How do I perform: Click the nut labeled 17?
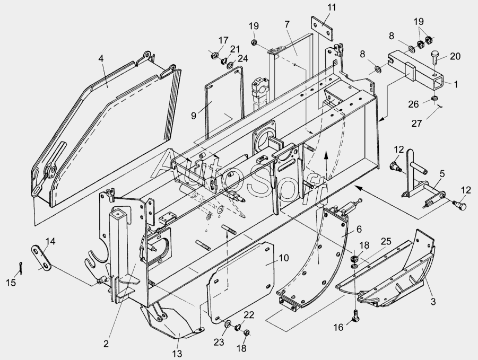click(215, 54)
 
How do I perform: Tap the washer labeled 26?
click(434, 99)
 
